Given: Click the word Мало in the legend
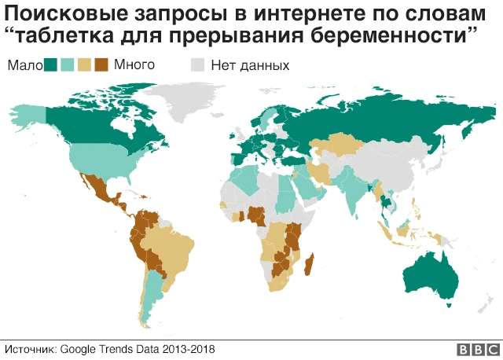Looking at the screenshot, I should pos(24,65).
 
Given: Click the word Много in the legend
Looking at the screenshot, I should pos(134,65).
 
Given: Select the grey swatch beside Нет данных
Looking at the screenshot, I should pos(200,65).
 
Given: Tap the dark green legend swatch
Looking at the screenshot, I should pos(52,65).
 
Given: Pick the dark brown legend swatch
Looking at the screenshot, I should pos(100,65).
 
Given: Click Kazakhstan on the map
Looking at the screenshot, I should pos(334,146).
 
